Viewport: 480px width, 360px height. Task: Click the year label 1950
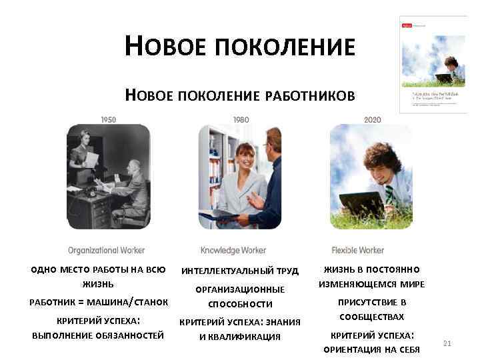[x=108, y=120]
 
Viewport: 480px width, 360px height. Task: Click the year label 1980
[x=241, y=120]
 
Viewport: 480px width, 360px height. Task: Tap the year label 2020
[x=373, y=120]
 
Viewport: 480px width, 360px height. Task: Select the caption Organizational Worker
[x=106, y=251]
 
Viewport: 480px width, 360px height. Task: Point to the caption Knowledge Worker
[x=233, y=251]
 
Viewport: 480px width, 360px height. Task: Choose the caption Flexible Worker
[x=357, y=251]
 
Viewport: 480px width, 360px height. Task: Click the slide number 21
[x=447, y=343]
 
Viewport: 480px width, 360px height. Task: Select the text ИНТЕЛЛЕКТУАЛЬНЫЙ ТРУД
[x=240, y=271]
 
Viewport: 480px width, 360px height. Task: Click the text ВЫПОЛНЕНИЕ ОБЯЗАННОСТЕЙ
[x=98, y=335]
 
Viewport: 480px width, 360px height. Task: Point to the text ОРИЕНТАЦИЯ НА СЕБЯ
[x=372, y=349]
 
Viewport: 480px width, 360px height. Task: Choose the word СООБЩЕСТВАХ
[x=372, y=317]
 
